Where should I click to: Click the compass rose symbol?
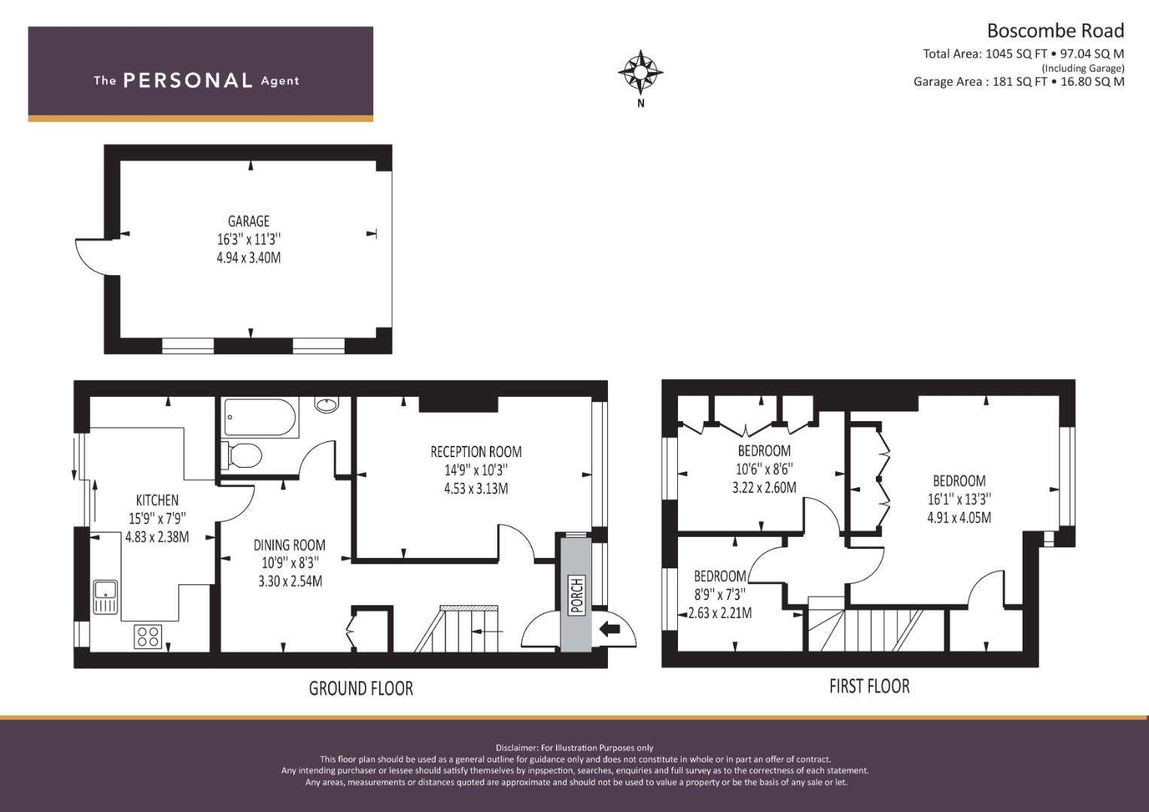640,73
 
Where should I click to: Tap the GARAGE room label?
249,222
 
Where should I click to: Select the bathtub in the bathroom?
260,417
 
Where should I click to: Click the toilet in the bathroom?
242,455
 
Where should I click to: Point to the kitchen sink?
105,597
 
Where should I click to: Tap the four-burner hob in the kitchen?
148,636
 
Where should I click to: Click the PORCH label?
577,595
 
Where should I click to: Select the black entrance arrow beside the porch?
609,629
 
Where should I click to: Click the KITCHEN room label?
157,500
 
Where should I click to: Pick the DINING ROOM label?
289,545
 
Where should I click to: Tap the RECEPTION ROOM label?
476,452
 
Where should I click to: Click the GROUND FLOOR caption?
361,689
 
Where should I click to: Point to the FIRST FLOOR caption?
869,686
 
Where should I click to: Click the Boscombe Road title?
1056,31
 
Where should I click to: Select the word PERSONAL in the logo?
188,80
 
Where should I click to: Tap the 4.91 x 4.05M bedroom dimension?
959,517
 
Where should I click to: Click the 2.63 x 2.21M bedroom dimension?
720,613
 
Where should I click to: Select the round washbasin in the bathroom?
327,405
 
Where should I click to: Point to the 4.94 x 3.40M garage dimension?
249,258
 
